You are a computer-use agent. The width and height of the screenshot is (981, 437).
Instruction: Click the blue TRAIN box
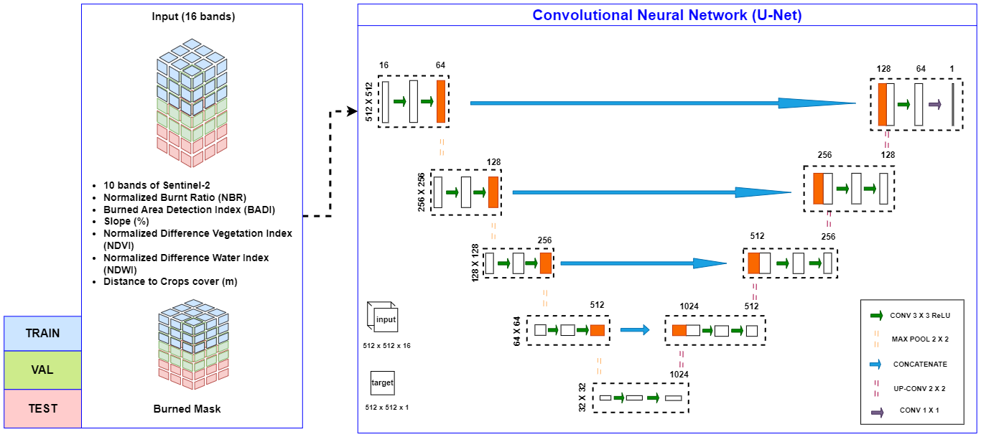click(42, 334)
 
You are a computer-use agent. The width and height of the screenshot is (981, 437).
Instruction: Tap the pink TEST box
click(42, 409)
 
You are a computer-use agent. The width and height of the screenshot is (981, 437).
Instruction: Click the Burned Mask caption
click(187, 409)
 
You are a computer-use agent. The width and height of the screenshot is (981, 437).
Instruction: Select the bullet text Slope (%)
click(126, 221)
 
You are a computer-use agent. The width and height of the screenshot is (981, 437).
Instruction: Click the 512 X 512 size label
click(369, 102)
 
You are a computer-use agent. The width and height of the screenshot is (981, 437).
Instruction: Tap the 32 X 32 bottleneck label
click(582, 397)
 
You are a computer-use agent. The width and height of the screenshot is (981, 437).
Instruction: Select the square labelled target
click(382, 383)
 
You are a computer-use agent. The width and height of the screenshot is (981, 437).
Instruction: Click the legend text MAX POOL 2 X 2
click(919, 338)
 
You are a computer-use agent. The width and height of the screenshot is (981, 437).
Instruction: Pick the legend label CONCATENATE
click(920, 364)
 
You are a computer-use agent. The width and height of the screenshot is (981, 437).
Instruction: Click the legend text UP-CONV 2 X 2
click(919, 388)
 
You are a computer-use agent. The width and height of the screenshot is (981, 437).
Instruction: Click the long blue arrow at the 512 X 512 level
click(661, 103)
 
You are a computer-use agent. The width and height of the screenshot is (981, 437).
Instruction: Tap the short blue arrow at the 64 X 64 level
click(634, 330)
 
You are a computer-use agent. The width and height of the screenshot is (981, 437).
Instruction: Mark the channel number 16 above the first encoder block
click(384, 65)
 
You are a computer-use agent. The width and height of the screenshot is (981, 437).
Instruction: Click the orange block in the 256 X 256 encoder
click(493, 192)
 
